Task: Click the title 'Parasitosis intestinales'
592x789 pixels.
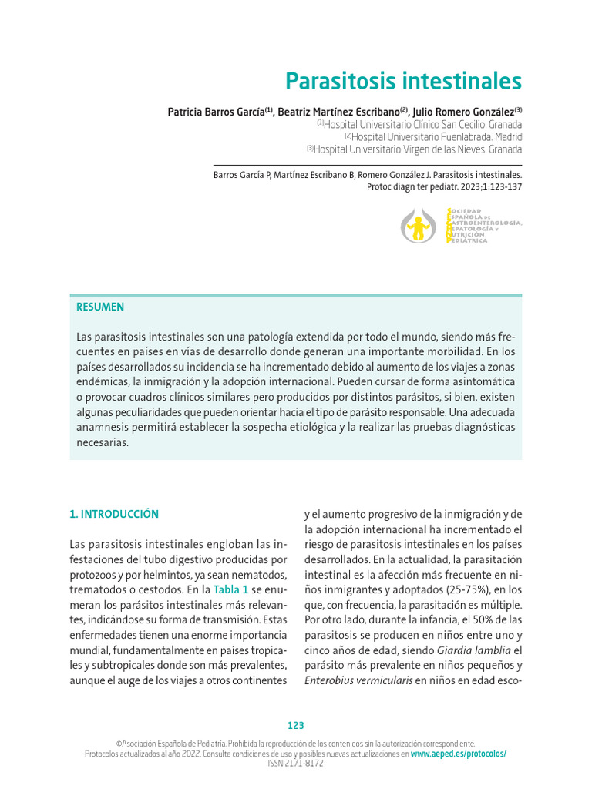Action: point(403,81)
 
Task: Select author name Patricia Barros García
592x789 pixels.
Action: point(217,112)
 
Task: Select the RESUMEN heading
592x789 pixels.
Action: point(100,307)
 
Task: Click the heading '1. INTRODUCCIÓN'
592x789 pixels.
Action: point(114,514)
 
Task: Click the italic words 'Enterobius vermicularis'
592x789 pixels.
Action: point(358,680)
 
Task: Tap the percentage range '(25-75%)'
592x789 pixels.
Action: point(436,589)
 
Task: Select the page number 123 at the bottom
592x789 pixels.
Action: point(296,726)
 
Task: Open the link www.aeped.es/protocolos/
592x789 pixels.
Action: point(459,754)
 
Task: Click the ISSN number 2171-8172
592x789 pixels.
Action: point(304,764)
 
